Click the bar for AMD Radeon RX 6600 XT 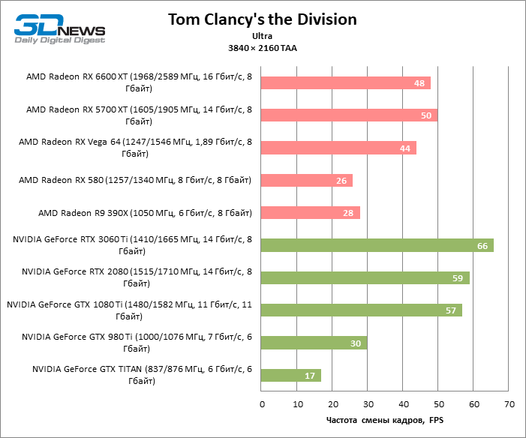346,83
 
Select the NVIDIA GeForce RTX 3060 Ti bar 377,245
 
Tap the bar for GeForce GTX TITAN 291,375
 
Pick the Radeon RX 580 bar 307,181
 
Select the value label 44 405,148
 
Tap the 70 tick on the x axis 509,405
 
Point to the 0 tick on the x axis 262,405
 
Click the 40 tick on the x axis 403,405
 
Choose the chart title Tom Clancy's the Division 262,18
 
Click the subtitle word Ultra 262,35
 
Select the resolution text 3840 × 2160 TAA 262,48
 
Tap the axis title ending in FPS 385,420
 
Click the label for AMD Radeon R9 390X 145,213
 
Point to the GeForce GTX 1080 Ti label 135,310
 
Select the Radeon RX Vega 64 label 135,148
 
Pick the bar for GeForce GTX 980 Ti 314,343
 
